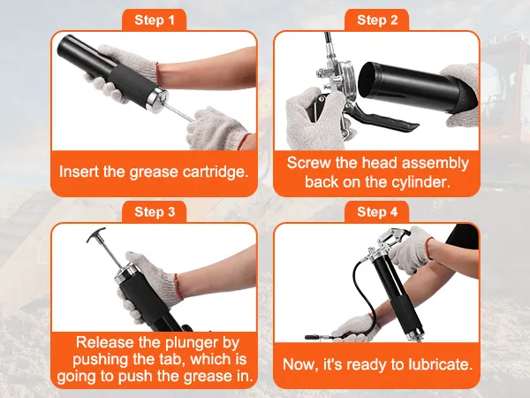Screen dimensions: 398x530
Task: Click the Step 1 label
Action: [154, 20]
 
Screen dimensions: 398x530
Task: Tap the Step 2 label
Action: [377, 20]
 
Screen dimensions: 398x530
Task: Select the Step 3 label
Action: [154, 212]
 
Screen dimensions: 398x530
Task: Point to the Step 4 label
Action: [377, 212]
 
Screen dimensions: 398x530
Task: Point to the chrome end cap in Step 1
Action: [156, 97]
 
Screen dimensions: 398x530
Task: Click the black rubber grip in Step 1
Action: [131, 84]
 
